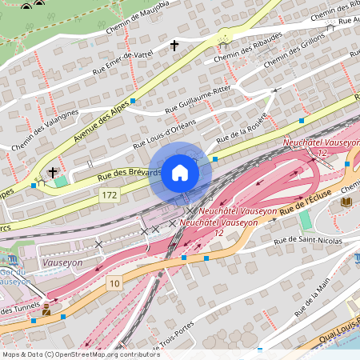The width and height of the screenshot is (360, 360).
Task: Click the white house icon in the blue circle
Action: pos(180,173)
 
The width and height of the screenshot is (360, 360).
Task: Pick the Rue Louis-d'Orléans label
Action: pos(164,133)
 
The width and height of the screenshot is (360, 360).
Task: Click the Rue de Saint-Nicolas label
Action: pos(307,240)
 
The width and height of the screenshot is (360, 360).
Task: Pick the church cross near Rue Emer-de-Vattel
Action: pos(174,46)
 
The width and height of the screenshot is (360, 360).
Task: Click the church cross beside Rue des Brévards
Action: pos(53,172)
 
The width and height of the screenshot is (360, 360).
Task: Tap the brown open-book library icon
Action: pos(346,202)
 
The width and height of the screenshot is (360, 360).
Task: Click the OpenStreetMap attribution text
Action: pos(81,354)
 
